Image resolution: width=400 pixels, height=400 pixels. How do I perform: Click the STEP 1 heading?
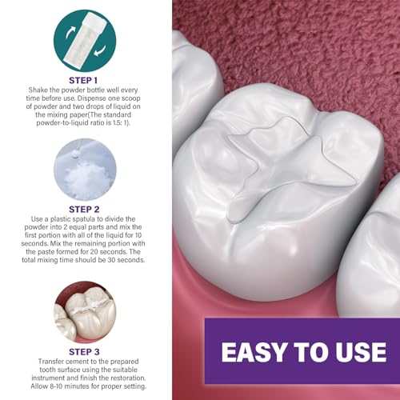[x=84, y=82]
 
